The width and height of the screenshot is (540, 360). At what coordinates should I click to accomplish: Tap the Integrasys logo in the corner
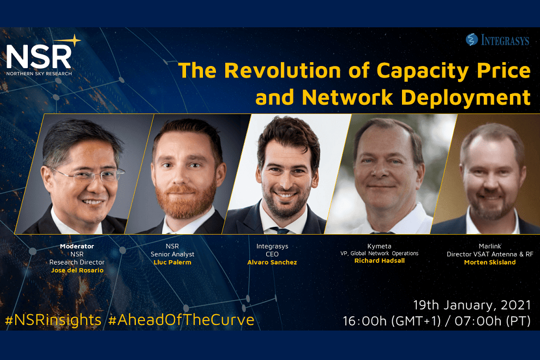pos(497,40)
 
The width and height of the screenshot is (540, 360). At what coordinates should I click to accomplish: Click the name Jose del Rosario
pos(76,271)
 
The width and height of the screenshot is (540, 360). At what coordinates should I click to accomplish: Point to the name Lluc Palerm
pos(172,262)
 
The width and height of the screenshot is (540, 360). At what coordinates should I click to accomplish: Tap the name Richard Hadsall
pos(380,261)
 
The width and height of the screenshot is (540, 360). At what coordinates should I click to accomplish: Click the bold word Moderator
pos(76,246)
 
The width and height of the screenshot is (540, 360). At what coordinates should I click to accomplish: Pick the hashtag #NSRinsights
pos(53,320)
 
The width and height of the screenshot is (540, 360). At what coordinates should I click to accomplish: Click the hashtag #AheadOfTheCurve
pos(181,320)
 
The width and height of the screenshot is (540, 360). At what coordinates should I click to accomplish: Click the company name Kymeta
pos(380,246)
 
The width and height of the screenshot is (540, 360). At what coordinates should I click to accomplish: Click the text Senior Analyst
pos(172,254)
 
